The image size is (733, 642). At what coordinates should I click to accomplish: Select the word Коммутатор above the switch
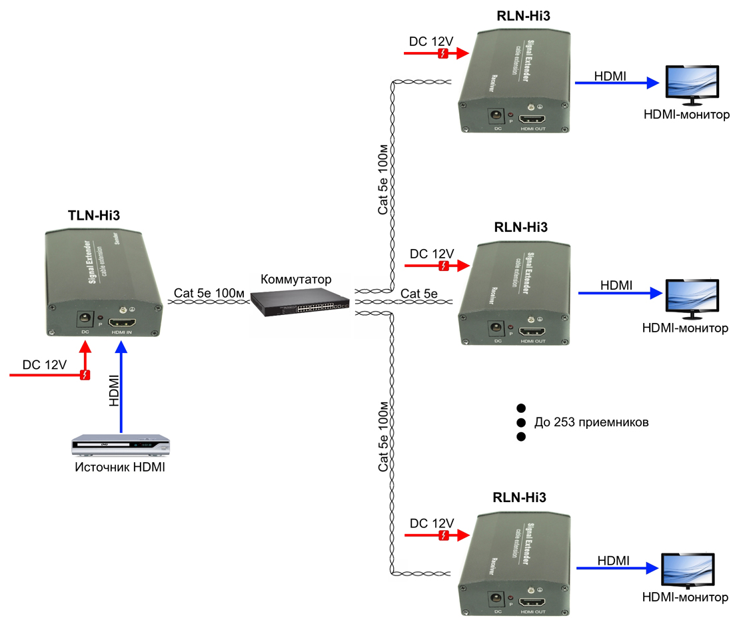[296, 279]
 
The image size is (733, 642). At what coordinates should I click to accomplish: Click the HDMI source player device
[121, 444]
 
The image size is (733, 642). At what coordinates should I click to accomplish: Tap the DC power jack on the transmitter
[85, 320]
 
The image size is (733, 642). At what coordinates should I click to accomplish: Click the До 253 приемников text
[591, 422]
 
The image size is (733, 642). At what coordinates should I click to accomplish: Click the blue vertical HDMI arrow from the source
[121, 386]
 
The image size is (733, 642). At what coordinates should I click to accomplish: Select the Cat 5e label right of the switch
[419, 293]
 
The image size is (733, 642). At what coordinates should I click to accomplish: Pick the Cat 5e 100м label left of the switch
[209, 293]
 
